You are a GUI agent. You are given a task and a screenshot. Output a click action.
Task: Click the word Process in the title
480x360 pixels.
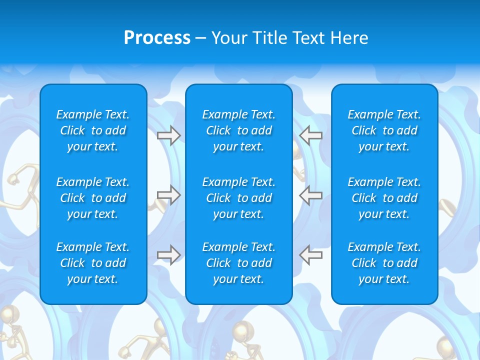[157, 38]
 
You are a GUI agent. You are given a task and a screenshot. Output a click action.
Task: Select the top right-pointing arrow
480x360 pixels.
[168, 135]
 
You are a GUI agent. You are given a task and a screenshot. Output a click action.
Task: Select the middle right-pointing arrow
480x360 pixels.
[168, 195]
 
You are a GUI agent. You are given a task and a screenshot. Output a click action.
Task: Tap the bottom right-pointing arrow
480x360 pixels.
[168, 255]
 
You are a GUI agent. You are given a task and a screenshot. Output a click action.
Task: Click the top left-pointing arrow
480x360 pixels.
[310, 135]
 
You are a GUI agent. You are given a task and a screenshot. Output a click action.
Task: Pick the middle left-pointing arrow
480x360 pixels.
[310, 195]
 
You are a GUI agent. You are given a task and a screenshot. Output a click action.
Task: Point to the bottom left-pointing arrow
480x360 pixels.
[310, 255]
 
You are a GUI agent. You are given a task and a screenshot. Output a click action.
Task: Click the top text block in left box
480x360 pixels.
[93, 130]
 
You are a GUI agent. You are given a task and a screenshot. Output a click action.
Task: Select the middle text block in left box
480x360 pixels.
[93, 198]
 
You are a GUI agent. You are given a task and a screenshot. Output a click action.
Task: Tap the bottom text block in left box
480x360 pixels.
[93, 263]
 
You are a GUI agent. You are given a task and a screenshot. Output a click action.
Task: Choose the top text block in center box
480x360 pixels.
[238, 130]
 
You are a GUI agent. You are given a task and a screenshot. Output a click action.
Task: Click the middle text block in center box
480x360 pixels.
[238, 198]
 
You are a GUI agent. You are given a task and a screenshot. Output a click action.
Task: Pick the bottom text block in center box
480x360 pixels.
[238, 263]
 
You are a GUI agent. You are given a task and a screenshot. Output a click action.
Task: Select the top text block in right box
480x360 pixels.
[384, 130]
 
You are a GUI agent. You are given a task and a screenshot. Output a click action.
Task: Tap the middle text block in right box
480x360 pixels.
[384, 198]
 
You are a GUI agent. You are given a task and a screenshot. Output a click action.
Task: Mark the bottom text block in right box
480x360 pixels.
[384, 263]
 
